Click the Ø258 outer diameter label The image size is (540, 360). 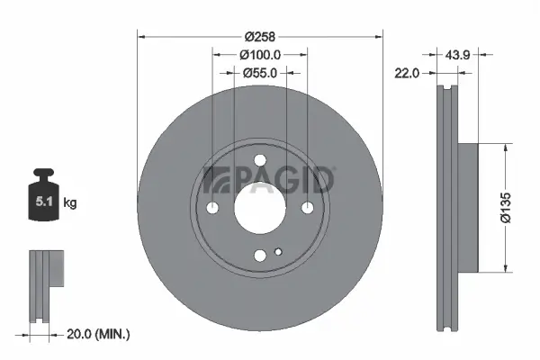[x=260, y=37]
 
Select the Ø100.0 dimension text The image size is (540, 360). [x=260, y=55]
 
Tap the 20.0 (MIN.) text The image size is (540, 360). [x=99, y=334]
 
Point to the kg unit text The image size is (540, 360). [x=70, y=203]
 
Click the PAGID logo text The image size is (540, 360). [x=270, y=180]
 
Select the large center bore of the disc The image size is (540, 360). [x=260, y=208]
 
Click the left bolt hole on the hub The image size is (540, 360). [x=212, y=208]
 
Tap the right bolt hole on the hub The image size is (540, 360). [x=308, y=208]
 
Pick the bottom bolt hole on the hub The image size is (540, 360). [x=260, y=256]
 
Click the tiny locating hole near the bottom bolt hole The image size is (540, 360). [x=279, y=250]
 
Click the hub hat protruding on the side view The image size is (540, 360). [x=469, y=207]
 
